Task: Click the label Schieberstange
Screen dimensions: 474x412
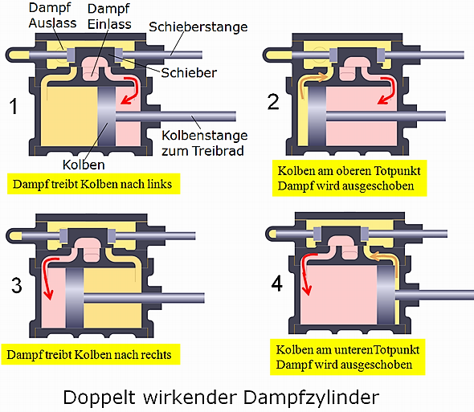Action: (x=198, y=27)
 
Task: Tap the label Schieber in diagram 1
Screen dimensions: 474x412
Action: (x=189, y=73)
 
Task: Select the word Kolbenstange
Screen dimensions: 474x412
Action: (x=205, y=136)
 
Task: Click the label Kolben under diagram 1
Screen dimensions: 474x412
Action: (x=84, y=165)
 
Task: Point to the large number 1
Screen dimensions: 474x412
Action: (x=13, y=106)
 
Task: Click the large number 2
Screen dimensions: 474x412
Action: (x=273, y=101)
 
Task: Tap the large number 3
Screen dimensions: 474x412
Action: (x=17, y=285)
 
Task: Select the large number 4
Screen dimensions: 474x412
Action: (x=277, y=284)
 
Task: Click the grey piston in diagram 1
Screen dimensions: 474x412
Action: (x=107, y=116)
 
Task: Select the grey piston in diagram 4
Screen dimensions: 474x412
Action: (x=386, y=295)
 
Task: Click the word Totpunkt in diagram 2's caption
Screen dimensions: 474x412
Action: (x=397, y=171)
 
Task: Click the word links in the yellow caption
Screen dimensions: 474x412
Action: (x=160, y=184)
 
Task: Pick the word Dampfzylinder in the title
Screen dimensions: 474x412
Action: (x=312, y=398)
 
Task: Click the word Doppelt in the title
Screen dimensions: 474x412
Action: (x=99, y=398)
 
